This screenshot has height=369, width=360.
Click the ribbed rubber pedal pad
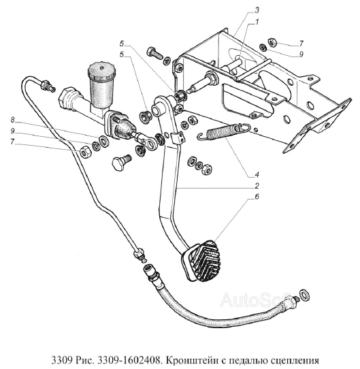[x=201, y=261]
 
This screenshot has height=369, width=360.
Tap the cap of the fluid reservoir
[x=101, y=71]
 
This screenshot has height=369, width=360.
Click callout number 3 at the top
[x=257, y=10]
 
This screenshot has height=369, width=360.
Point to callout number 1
[x=257, y=22]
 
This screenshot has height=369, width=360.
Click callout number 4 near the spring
[x=257, y=174]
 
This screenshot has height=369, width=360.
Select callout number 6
[x=257, y=196]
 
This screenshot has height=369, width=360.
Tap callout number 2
[x=257, y=185]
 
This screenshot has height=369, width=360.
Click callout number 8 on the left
[x=12, y=120]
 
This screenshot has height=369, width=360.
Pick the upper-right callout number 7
[x=301, y=44]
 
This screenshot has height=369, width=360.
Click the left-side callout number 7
[x=12, y=142]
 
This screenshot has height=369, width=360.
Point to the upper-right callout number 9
[x=301, y=54]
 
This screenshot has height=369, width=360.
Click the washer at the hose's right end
[x=304, y=295]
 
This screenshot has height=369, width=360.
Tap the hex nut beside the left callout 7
[x=84, y=151]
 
